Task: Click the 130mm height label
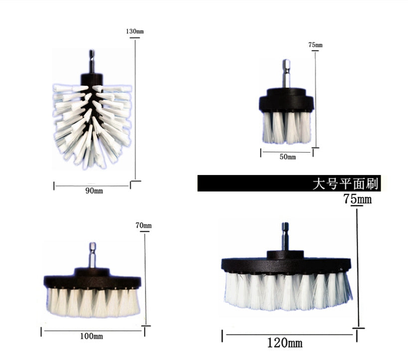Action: tap(135, 31)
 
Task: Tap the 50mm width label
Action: tap(287, 157)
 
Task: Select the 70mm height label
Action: tap(143, 225)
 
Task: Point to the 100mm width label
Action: tap(92, 336)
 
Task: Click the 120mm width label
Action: tap(284, 343)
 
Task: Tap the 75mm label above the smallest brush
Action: tap(315, 45)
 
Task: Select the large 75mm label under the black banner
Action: tap(357, 199)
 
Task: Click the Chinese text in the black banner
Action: tap(345, 184)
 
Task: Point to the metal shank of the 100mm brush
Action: tap(92, 255)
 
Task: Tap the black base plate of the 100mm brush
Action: tap(92, 281)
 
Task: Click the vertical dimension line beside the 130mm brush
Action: tap(135, 110)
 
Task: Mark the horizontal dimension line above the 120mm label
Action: tap(289, 334)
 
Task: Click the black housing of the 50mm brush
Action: tap(286, 100)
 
